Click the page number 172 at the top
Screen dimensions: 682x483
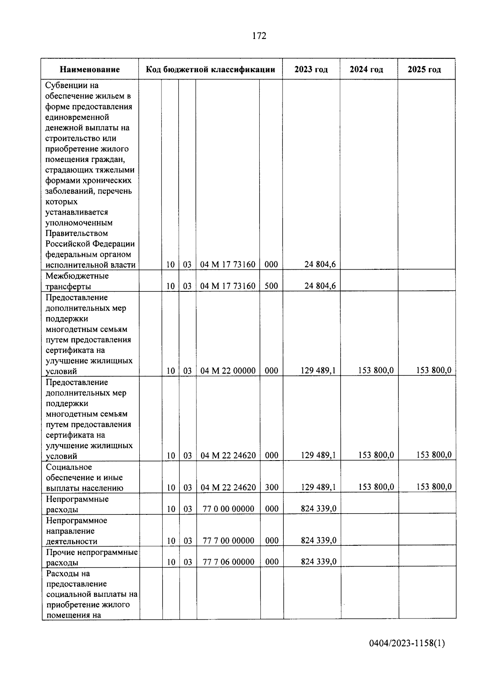pos(259,36)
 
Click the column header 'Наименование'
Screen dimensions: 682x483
pos(90,70)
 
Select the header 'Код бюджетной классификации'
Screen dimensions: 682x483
pos(211,70)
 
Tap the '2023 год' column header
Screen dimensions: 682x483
pos(311,70)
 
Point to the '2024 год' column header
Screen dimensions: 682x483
pos(366,70)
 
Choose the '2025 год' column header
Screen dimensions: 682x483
pos(424,70)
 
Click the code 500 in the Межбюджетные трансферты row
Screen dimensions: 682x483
pos(271,286)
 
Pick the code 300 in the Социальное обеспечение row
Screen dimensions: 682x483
pos(272,487)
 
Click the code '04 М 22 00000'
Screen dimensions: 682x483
pos(228,371)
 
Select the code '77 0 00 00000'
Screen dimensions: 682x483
pos(228,509)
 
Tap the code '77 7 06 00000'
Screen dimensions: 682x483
pos(228,562)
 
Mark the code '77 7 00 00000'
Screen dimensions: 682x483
pos(228,541)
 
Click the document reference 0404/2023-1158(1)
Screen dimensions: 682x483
pos(407,643)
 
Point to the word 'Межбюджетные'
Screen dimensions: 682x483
pos(77,276)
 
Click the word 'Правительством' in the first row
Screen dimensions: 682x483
pos(76,233)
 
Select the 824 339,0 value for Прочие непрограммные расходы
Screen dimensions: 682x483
pos(318,561)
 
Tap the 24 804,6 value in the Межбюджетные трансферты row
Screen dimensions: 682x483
pos(320,286)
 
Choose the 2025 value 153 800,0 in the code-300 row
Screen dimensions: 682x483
pos(433,487)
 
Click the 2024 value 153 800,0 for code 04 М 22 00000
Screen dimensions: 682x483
pos(376,370)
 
